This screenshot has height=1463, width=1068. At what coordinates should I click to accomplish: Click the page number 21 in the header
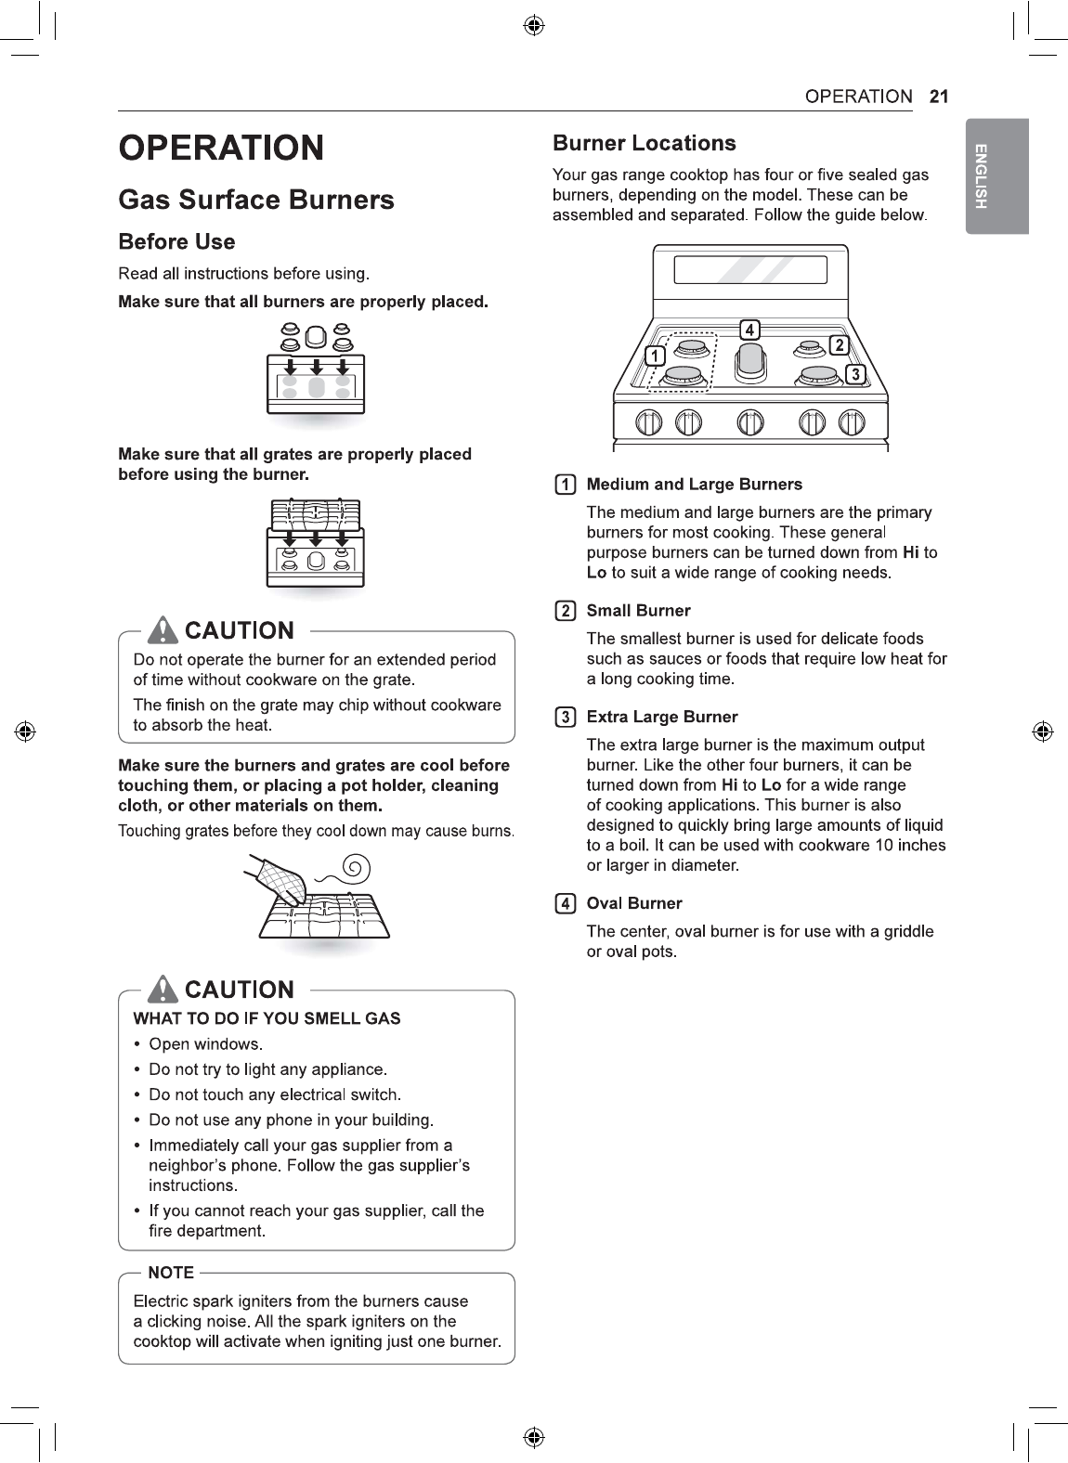[938, 97]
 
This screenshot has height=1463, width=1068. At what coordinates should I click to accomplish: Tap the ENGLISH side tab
[996, 176]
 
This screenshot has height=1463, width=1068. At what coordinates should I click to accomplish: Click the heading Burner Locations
[644, 143]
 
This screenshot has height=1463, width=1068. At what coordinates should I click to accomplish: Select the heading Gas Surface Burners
[256, 200]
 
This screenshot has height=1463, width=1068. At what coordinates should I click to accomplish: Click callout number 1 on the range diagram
[656, 356]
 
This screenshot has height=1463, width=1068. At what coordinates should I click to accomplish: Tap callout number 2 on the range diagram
[839, 346]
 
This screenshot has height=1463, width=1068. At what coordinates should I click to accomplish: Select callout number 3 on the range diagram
[854, 373]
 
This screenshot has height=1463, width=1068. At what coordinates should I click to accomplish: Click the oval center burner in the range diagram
[750, 362]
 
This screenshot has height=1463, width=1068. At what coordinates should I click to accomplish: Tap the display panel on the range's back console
[750, 269]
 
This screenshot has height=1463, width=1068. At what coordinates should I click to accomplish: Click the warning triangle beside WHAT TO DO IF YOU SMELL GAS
[164, 990]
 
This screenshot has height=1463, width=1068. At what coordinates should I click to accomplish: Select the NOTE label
[171, 1273]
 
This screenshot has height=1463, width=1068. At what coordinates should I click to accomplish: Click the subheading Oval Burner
[634, 903]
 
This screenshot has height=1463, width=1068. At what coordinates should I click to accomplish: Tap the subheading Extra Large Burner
[662, 717]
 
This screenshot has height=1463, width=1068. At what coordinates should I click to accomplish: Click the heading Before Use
[176, 241]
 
